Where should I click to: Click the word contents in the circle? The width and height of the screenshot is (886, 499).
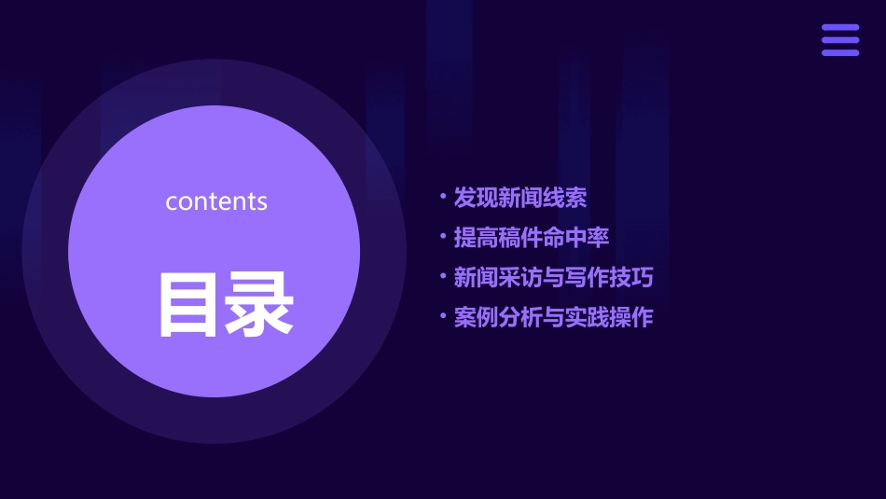(x=216, y=201)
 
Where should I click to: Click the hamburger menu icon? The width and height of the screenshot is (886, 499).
(x=839, y=40)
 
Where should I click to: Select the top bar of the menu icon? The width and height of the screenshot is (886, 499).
(x=839, y=28)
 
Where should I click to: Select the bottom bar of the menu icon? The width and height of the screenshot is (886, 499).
(x=839, y=52)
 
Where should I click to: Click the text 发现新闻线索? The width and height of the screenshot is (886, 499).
(x=519, y=198)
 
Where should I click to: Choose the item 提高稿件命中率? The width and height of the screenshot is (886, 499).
(x=531, y=237)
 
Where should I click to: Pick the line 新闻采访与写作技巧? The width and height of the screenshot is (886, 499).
(x=553, y=277)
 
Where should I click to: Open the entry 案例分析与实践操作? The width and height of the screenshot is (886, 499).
(x=553, y=317)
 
